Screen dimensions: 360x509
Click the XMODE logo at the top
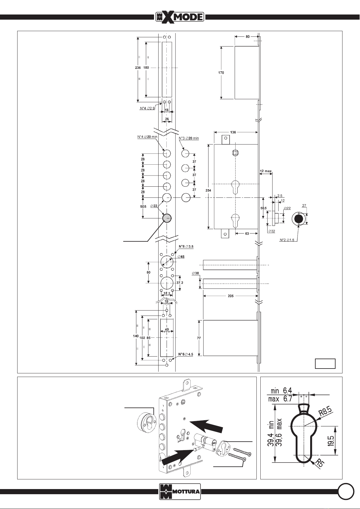(x=180, y=17)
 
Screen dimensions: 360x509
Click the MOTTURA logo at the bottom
(x=180, y=491)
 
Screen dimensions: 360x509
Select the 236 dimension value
(x=138, y=67)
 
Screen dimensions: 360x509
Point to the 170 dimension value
(x=221, y=73)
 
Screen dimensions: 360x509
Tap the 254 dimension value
(x=208, y=190)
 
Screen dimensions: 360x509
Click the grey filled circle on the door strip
(x=167, y=218)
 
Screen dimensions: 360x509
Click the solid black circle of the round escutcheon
(x=298, y=219)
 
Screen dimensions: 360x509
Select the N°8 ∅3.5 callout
(x=186, y=246)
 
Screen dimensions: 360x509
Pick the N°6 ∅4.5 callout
(x=185, y=354)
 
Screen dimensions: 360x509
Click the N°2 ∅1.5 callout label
(x=287, y=240)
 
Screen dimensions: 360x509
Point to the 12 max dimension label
(x=265, y=171)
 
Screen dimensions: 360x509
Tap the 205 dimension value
(x=230, y=296)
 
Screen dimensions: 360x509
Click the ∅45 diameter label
(x=181, y=257)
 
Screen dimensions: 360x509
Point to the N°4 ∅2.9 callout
(x=147, y=108)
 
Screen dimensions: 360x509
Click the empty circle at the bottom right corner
(x=346, y=491)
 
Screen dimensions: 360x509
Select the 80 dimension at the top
(x=248, y=36)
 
